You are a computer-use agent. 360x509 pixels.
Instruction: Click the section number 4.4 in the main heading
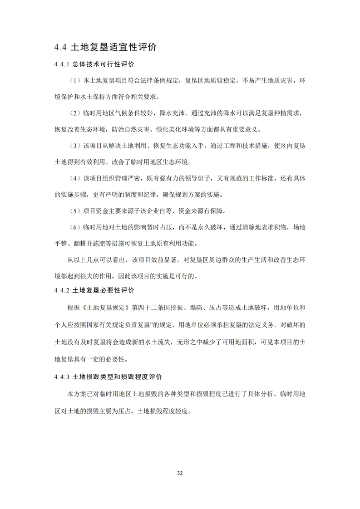(60, 47)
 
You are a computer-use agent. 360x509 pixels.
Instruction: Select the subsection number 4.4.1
(61, 64)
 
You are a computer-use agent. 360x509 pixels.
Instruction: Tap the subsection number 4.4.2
(61, 290)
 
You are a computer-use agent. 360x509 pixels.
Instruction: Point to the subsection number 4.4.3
(61, 377)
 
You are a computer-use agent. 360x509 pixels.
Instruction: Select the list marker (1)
(75, 81)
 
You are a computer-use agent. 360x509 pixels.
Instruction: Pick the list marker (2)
(75, 113)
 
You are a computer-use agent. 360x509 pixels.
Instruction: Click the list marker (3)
(75, 146)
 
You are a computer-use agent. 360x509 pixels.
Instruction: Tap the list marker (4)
(75, 178)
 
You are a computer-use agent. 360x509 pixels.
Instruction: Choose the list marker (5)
(75, 211)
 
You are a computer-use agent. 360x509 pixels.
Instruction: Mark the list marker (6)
(75, 227)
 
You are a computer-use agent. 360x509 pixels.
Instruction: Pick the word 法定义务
(262, 325)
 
